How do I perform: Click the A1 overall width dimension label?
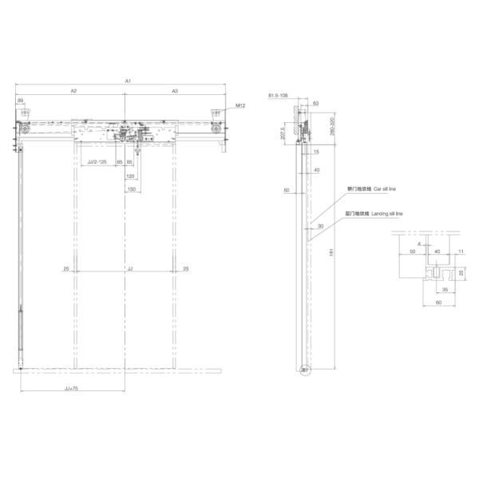128,81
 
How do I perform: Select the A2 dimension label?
73,92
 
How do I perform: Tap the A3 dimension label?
175,92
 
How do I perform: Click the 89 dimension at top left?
21,101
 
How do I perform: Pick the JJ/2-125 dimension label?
96,162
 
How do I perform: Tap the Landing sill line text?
386,215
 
